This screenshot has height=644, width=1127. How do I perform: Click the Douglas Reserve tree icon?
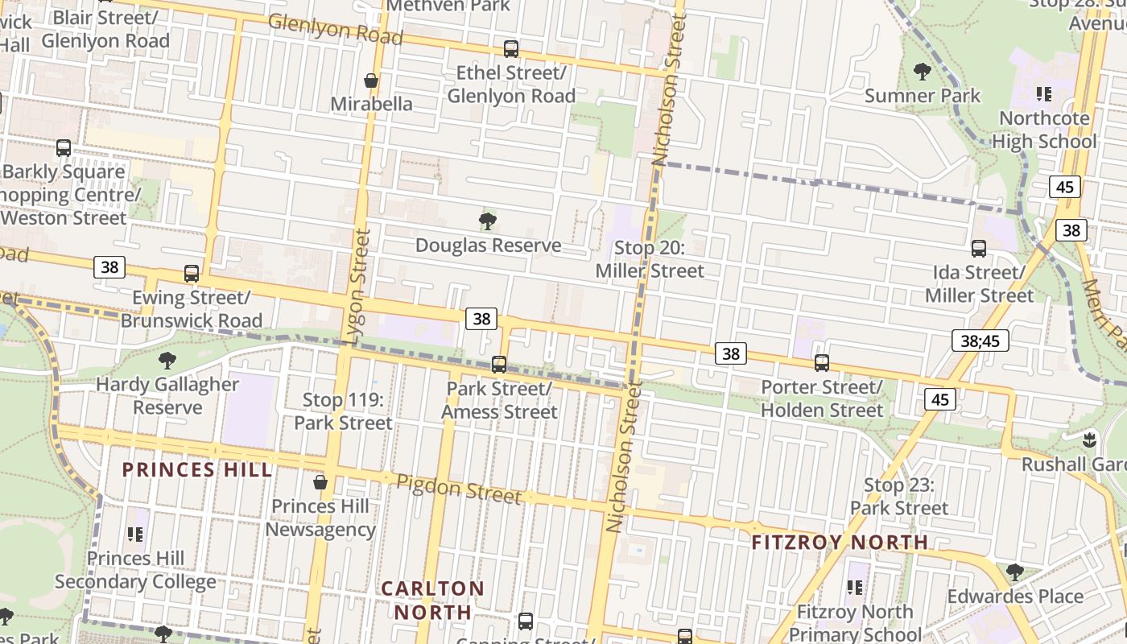[487, 221]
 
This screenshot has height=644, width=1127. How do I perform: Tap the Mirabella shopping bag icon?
[371, 80]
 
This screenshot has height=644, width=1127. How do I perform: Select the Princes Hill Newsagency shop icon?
[320, 482]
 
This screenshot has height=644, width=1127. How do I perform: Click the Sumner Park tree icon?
[923, 72]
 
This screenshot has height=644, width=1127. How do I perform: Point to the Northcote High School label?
[1044, 130]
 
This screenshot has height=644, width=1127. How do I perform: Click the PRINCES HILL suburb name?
[197, 470]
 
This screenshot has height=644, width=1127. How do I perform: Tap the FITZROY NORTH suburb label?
[840, 543]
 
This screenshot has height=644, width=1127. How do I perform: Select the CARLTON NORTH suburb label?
[433, 601]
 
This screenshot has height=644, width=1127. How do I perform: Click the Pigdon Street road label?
[459, 489]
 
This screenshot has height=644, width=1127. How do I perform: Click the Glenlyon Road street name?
[335, 29]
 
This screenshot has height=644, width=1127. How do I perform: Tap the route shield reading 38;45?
[980, 341]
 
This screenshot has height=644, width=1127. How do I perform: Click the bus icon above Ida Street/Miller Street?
[979, 249]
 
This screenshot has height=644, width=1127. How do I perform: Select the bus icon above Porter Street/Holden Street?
[821, 363]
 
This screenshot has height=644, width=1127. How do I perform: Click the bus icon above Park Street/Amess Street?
[499, 365]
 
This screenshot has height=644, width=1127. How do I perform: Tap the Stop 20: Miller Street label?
[650, 259]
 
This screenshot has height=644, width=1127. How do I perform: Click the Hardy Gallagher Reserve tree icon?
[167, 360]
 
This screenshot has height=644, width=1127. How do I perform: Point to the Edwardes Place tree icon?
[1014, 572]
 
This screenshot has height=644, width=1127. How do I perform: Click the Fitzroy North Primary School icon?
[854, 588]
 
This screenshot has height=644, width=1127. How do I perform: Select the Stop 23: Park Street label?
[899, 497]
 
